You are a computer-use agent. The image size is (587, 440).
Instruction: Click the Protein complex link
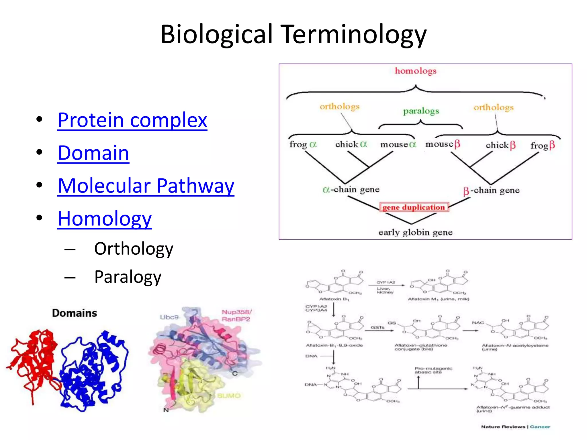132,120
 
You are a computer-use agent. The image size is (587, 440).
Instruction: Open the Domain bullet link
93,153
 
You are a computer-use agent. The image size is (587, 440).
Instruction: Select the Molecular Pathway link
146,186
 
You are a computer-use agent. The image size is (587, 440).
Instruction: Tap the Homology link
105,219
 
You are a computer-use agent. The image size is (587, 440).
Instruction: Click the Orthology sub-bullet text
134,249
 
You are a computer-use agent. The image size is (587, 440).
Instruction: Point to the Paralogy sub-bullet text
128,277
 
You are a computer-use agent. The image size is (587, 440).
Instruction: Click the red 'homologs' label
416,71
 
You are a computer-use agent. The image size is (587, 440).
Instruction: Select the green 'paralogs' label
421,111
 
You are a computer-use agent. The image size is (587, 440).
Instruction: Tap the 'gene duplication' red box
414,207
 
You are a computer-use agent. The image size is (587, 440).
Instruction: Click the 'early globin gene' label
415,232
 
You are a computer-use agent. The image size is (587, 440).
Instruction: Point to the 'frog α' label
303,144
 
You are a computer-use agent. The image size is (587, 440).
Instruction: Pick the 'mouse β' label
443,144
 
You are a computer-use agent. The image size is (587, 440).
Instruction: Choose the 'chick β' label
500,145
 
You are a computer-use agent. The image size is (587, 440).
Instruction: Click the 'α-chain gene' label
351,189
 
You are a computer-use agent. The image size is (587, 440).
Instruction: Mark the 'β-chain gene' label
491,190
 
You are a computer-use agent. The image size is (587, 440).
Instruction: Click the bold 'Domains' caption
75,313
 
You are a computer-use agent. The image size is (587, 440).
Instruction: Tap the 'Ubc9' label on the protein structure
169,317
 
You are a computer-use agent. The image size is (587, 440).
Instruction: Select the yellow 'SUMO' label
229,396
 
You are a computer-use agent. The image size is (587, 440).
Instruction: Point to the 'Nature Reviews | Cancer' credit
516,427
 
